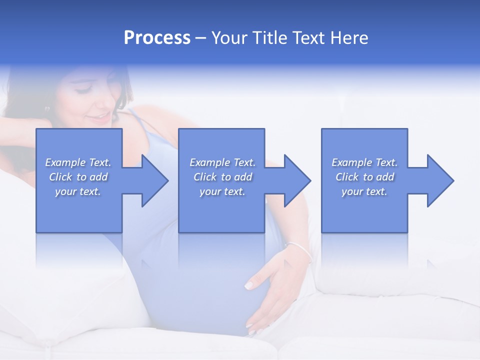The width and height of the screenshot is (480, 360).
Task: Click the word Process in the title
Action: click(157, 38)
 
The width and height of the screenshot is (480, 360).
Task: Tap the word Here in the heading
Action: click(349, 38)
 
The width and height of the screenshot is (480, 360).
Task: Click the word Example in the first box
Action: click(65, 162)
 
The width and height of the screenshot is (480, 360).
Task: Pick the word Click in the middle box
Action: click(204, 177)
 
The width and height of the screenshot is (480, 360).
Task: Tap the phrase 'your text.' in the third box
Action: click(364, 191)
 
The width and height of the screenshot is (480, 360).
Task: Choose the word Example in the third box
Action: click(351, 162)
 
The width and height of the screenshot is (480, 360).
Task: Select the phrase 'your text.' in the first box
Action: click(78, 191)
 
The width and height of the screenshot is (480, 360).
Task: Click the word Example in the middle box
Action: click(209, 162)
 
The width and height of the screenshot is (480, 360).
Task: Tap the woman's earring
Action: click(48, 108)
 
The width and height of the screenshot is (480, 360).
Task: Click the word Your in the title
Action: click(229, 38)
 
